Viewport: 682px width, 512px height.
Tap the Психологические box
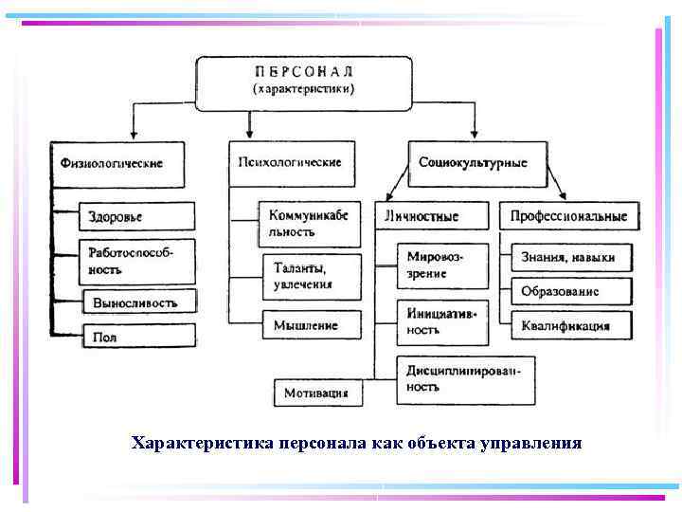(x=291, y=162)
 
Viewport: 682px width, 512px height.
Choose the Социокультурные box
(x=478, y=162)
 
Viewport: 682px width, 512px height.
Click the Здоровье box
(x=136, y=216)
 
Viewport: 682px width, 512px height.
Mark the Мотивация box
(x=317, y=392)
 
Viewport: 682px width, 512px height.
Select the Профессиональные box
(x=569, y=216)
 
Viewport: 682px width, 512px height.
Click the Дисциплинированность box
(x=464, y=378)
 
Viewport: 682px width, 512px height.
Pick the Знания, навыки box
(x=568, y=257)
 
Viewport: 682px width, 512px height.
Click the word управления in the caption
(x=532, y=443)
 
